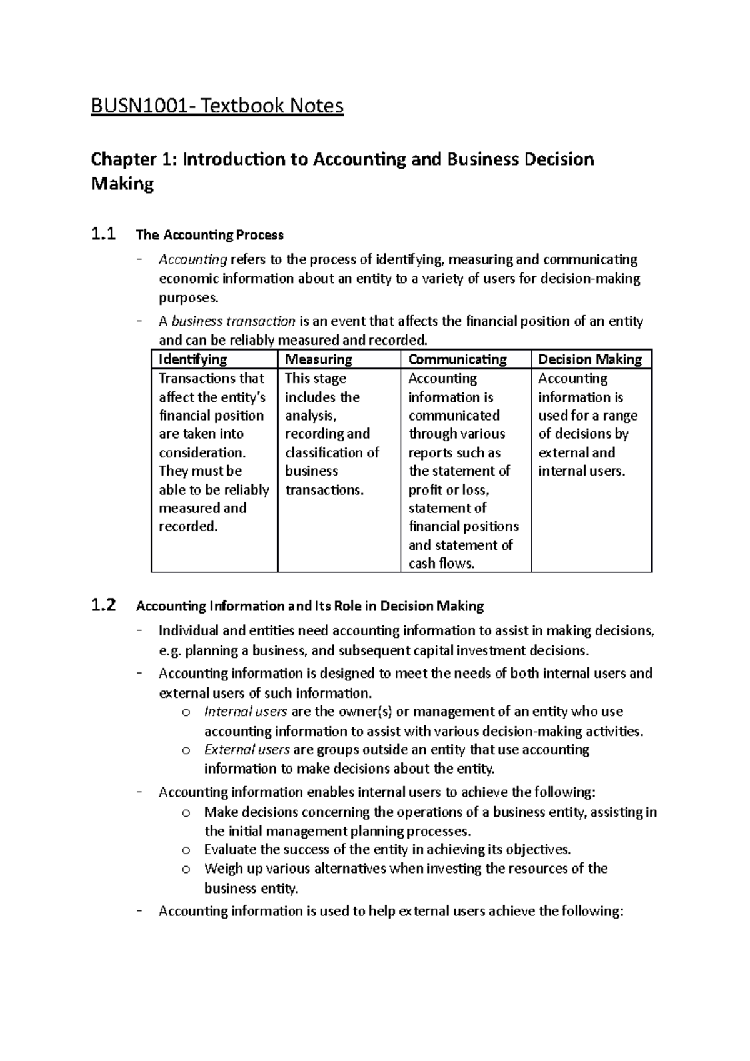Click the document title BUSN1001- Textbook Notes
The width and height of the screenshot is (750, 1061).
click(x=217, y=106)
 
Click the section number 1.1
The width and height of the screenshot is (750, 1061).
click(x=103, y=235)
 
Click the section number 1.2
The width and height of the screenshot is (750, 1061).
click(x=103, y=605)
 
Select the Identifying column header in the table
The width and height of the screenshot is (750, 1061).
click(x=192, y=359)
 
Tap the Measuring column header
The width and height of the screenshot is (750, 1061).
click(x=319, y=359)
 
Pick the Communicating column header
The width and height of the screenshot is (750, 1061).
click(x=457, y=359)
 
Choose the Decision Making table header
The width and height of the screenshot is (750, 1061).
click(x=590, y=359)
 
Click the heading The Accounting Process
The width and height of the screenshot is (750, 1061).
click(x=209, y=236)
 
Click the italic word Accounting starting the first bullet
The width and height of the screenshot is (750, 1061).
click(x=192, y=259)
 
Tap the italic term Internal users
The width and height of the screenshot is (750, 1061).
click(x=246, y=712)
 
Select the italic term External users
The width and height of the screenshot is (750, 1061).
click(x=247, y=749)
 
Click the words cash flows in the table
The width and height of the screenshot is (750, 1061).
click(x=441, y=564)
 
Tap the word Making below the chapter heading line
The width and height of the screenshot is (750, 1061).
click(x=122, y=184)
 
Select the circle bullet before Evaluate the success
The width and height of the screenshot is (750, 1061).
click(x=186, y=850)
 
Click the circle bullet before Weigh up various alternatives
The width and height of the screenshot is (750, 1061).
click(x=186, y=869)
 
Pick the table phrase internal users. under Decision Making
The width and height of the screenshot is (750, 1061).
click(x=581, y=471)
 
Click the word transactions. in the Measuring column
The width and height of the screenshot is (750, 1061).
click(x=324, y=490)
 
